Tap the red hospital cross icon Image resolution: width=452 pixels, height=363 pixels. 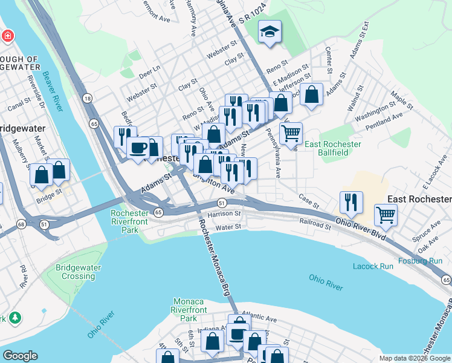[7, 36]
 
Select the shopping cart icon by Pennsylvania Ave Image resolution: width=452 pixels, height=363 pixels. [291, 132]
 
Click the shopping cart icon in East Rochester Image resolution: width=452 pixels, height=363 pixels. [385, 214]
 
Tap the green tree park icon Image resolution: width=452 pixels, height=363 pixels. [14, 318]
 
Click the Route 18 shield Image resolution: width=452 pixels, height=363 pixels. [88, 98]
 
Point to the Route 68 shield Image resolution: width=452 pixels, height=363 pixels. [21, 224]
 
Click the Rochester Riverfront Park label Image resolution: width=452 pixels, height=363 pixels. [130, 221]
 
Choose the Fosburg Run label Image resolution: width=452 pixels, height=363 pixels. [420, 261]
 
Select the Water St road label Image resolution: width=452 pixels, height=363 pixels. [228, 227]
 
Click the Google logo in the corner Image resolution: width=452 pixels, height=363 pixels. [20, 356]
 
